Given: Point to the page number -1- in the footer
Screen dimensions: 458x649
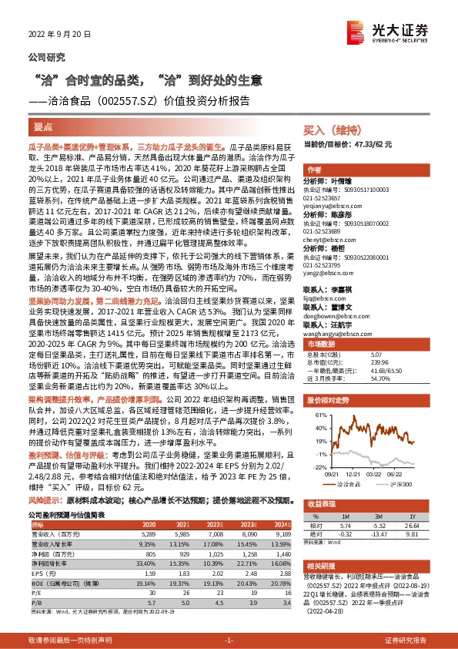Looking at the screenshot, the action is click(x=229, y=641).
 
